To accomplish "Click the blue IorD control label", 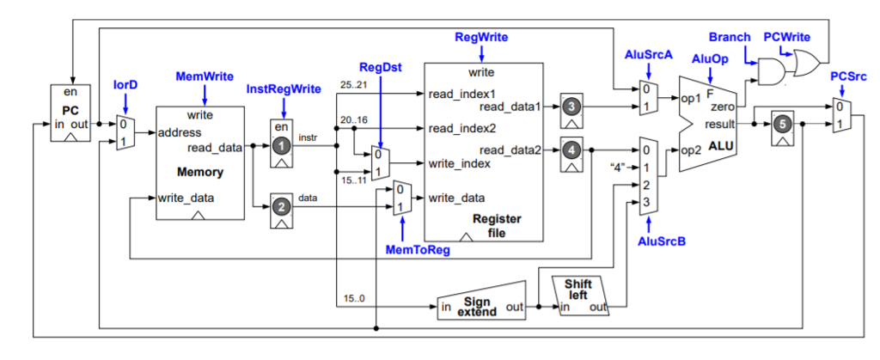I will pyautogui.click(x=125, y=86).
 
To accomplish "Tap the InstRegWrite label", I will pyautogui.click(x=284, y=88).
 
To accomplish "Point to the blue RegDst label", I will pyautogui.click(x=379, y=67).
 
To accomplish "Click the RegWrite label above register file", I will pyautogui.click(x=481, y=38).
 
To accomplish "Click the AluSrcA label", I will pyautogui.click(x=648, y=55).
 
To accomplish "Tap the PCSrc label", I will pyautogui.click(x=847, y=77).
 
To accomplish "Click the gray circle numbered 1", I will pyautogui.click(x=282, y=147).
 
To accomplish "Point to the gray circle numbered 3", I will pyautogui.click(x=571, y=107).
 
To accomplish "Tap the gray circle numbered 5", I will pyautogui.click(x=781, y=124).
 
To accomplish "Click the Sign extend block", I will pyautogui.click(x=478, y=306).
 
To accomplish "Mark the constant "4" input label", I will pyautogui.click(x=616, y=167).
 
